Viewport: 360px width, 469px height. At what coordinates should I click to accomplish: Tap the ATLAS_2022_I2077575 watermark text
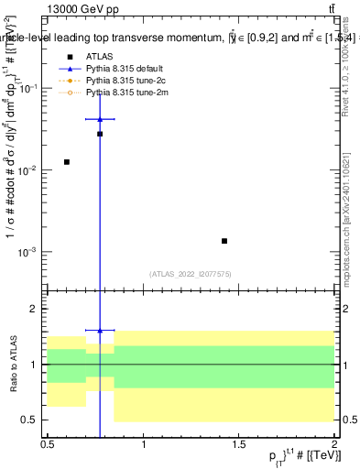point(191,273)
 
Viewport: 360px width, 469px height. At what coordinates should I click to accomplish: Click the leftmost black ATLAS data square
point(67,162)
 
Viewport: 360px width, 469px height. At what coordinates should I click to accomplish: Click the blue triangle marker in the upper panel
point(100,119)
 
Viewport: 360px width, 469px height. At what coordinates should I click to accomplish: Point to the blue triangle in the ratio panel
point(100,330)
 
